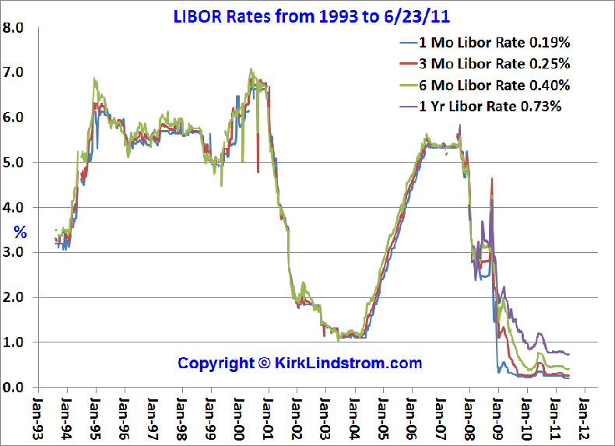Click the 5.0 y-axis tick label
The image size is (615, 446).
[x=15, y=163]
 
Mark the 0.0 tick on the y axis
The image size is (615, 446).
[x=15, y=387]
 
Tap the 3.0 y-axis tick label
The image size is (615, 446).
[x=15, y=252]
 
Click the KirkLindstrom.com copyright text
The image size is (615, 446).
[x=300, y=363]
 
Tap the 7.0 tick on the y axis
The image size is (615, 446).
[x=15, y=72]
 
